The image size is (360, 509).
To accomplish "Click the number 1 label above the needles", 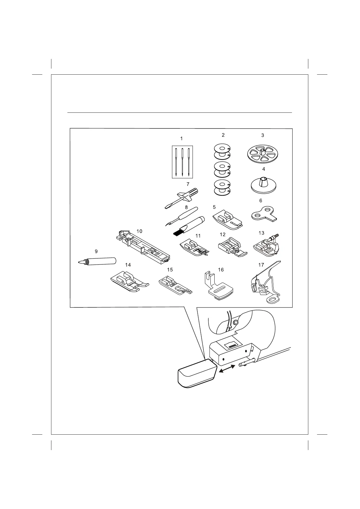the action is click(x=181, y=139).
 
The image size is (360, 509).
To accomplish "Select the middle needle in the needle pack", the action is click(x=183, y=162).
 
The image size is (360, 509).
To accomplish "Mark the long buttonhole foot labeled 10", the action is click(x=144, y=248).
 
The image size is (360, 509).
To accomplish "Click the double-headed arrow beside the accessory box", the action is click(x=226, y=368).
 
